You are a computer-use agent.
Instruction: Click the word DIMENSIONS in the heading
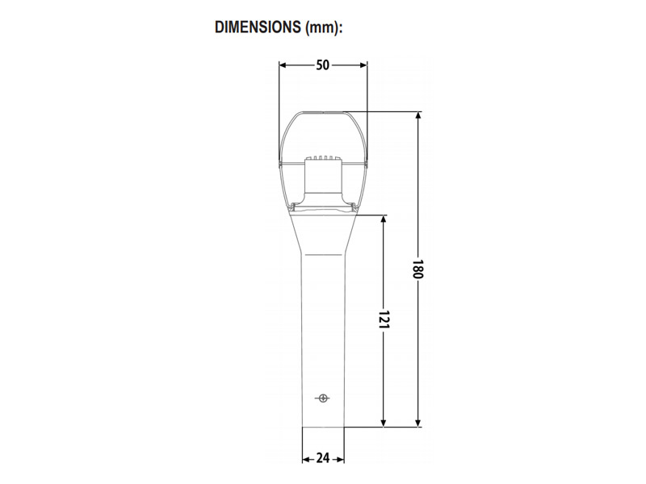[258, 27]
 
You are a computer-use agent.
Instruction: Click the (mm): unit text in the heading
[324, 27]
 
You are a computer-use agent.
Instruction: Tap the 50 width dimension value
[322, 65]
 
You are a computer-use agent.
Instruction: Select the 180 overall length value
[417, 269]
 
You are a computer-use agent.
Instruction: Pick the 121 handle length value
[384, 319]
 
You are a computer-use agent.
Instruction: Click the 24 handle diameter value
[322, 458]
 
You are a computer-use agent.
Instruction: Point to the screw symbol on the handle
[323, 398]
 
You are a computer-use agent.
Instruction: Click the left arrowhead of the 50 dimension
[283, 65]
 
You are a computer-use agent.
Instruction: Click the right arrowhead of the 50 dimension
[363, 65]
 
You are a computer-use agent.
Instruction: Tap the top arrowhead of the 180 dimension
[418, 115]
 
